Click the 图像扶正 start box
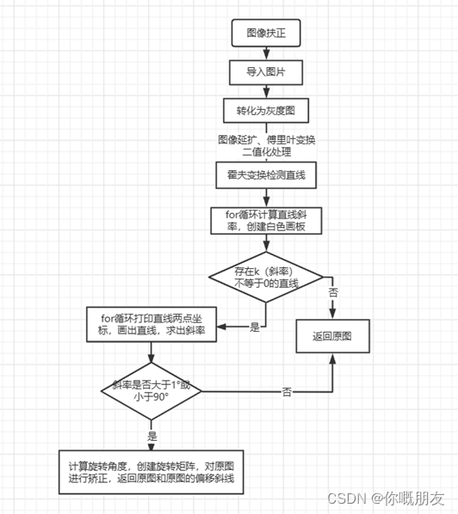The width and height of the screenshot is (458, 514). click(x=265, y=33)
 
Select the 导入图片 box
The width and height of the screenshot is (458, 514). click(x=265, y=72)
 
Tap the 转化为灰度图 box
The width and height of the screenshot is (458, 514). click(x=265, y=112)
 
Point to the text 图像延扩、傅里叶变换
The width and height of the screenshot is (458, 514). click(x=265, y=138)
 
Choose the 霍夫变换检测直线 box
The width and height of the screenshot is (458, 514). click(x=265, y=175)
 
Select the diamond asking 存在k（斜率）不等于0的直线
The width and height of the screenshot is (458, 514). click(x=265, y=278)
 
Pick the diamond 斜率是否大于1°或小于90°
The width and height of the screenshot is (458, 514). click(x=151, y=392)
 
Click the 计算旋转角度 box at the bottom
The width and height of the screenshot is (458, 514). click(x=151, y=472)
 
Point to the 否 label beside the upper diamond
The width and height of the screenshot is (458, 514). click(x=333, y=292)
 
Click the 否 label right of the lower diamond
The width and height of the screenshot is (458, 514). click(x=287, y=393)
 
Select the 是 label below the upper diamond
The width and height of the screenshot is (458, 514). click(x=254, y=327)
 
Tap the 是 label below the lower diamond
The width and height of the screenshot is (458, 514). click(x=152, y=436)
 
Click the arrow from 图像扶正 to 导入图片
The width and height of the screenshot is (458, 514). click(x=265, y=52)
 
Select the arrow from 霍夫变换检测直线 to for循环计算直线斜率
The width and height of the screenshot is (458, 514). click(x=265, y=197)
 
